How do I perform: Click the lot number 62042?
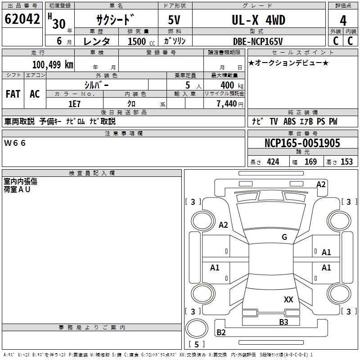click(x=22, y=20)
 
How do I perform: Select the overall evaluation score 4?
click(x=343, y=20)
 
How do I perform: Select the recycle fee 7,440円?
click(x=229, y=103)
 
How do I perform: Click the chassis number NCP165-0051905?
click(x=302, y=143)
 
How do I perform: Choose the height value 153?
click(x=346, y=162)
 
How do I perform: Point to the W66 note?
click(x=15, y=143)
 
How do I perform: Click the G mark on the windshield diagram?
click(x=284, y=237)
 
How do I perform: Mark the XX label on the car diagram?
click(x=288, y=299)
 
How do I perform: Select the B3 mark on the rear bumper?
click(x=283, y=322)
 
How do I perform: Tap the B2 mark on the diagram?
click(x=221, y=333)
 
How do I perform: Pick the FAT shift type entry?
click(x=13, y=94)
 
